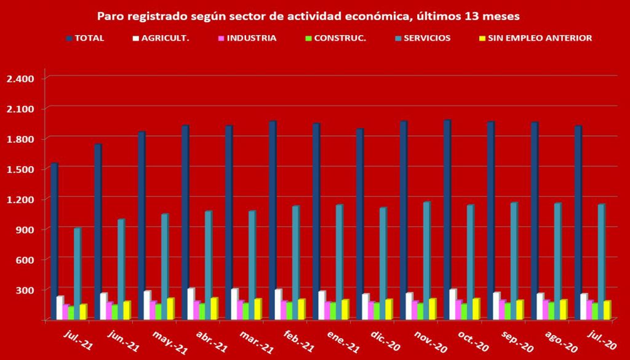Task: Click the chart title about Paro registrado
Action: pos(313,14)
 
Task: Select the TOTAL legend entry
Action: pos(86,38)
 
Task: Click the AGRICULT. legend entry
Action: pos(161,38)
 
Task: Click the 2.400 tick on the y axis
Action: pos(22,79)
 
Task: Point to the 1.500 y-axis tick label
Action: pos(22,169)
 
